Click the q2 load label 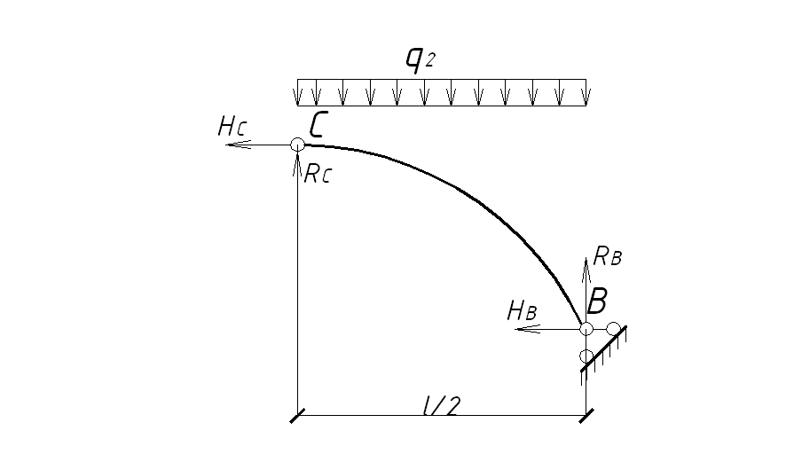[419, 59]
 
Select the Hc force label [231, 127]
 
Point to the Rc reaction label [317, 174]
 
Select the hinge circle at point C [297, 145]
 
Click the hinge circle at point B [586, 329]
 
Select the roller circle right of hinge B [613, 329]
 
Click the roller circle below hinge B [586, 356]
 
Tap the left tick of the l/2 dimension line [297, 415]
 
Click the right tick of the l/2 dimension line [586, 415]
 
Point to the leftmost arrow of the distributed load [299, 91]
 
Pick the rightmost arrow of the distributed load [584, 91]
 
